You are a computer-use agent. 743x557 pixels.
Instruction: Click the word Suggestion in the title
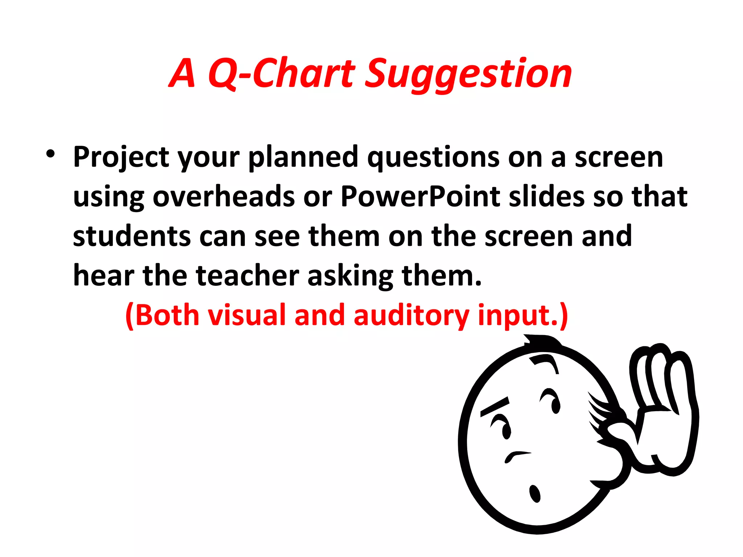point(468,74)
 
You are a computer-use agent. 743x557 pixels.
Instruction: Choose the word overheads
point(223,197)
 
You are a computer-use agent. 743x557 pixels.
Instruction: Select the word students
point(131,236)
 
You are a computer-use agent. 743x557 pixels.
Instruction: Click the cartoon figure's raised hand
point(664,406)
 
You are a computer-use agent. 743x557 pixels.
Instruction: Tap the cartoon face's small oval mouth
point(535,494)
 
